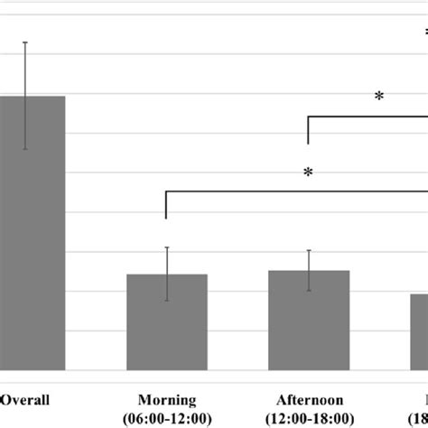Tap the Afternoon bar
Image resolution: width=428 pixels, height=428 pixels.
click(309, 325)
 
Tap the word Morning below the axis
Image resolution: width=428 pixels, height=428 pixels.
click(167, 400)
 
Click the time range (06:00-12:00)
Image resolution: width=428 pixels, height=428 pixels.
click(167, 417)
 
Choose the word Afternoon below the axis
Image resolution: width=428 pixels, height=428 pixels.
click(309, 400)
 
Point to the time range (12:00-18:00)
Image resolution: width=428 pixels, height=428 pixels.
click(309, 417)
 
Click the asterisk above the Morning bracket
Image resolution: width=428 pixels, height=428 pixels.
click(308, 173)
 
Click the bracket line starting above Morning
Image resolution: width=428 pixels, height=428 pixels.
click(271, 191)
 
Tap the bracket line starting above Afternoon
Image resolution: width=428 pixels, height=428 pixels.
click(361, 116)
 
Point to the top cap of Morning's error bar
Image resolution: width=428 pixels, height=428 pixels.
click(167, 247)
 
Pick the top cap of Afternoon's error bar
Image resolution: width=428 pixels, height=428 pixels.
click(309, 250)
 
